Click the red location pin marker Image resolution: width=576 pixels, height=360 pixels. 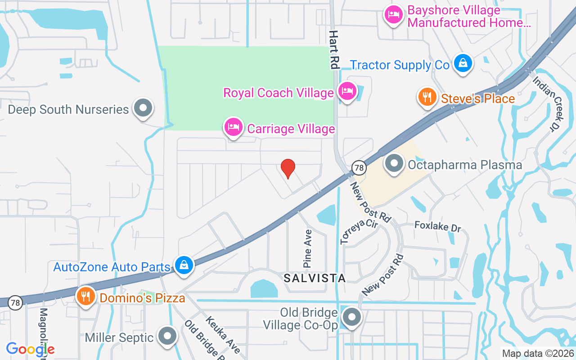coord(288,168)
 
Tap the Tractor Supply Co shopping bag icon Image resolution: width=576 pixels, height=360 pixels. coord(463,63)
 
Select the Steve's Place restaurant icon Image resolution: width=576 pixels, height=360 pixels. coord(427,97)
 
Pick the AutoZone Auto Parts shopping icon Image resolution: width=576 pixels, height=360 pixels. coord(184,265)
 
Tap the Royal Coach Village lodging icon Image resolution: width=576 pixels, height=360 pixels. coord(346,91)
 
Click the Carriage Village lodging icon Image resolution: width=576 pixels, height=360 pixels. coord(234,127)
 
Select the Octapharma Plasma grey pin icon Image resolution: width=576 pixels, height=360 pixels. coord(395,163)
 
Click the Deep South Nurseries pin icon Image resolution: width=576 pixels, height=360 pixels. coord(144,108)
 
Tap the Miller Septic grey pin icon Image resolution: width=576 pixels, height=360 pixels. coord(168,336)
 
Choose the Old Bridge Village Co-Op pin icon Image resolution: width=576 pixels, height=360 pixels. coord(352,317)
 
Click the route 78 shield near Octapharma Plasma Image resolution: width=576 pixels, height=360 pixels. coord(359,167)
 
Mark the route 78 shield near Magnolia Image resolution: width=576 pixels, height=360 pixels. coord(15,303)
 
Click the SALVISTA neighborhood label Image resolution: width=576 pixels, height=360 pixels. coord(315,278)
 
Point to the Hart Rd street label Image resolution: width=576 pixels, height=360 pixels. coord(333,49)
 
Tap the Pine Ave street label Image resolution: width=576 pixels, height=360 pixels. coord(308,248)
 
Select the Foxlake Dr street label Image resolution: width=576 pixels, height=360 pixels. coord(437,226)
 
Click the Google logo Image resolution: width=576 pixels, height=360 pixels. coord(31,349)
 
